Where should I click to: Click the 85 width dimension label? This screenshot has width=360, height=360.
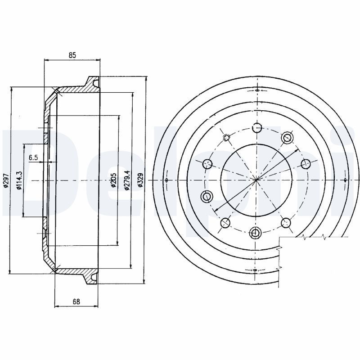pyautogui.click(x=72, y=55)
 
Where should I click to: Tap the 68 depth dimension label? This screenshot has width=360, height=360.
pyautogui.click(x=76, y=301)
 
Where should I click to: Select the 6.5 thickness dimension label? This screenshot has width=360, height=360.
pyautogui.click(x=33, y=157)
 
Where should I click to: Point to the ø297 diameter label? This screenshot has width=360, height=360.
pyautogui.click(x=6, y=180)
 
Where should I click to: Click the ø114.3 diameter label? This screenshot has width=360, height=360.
pyautogui.click(x=19, y=180)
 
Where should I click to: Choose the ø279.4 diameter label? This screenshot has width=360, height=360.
pyautogui.click(x=127, y=180)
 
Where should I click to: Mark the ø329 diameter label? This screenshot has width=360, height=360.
pyautogui.click(x=140, y=180)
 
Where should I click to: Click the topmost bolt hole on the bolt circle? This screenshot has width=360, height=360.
pyautogui.click(x=256, y=127)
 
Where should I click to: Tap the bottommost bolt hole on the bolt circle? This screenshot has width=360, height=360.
pyautogui.click(x=255, y=233)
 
